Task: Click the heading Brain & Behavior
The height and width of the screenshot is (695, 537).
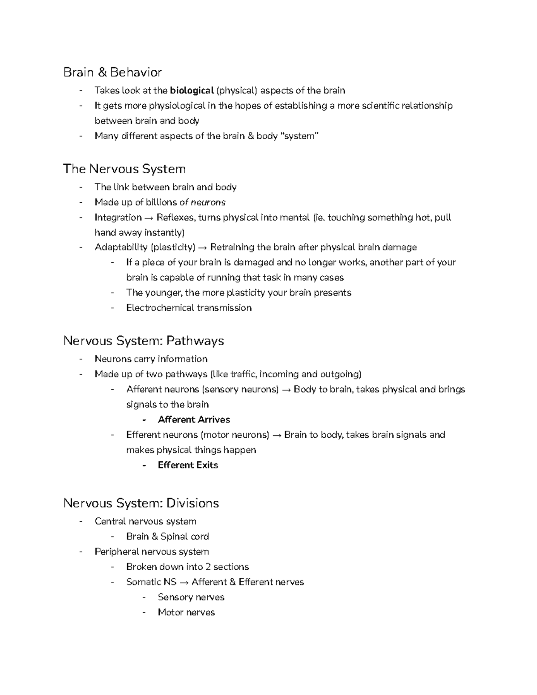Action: pos(112,72)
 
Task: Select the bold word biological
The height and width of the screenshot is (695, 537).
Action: pos(192,91)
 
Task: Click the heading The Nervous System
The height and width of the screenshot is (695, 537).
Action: pos(124,169)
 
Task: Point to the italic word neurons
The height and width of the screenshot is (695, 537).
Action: pos(208,202)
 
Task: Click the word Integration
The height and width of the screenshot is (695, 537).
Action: pos(118,217)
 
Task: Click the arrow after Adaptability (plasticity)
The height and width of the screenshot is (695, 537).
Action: pos(203,247)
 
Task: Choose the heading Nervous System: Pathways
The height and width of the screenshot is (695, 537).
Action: pos(144,341)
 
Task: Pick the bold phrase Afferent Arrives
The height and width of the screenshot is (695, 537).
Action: pos(194,420)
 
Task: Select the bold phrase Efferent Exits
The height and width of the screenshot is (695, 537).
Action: pos(188,465)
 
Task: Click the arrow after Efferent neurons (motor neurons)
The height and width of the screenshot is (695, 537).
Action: pos(277,435)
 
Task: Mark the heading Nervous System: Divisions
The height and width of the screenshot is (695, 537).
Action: pos(141,503)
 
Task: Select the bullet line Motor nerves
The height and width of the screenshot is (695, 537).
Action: pos(186,612)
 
